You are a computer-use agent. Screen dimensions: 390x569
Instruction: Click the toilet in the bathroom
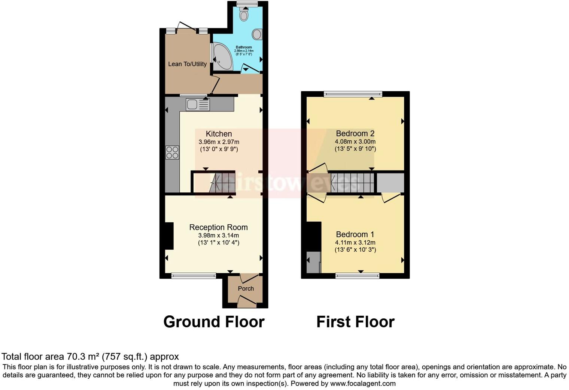(x=244, y=15)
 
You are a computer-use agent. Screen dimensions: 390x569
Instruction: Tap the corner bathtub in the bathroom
(x=222, y=57)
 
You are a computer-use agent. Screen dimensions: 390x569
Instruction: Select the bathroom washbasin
(x=257, y=34)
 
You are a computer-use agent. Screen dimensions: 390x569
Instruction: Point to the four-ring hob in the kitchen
(x=172, y=153)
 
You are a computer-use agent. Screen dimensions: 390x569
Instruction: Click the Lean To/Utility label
(x=187, y=64)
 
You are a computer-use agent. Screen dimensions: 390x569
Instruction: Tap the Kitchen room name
(x=219, y=134)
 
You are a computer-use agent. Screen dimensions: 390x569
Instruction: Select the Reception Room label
(x=218, y=227)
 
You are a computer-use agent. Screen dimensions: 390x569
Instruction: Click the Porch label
(x=246, y=288)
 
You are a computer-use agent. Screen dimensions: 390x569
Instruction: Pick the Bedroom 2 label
(x=355, y=133)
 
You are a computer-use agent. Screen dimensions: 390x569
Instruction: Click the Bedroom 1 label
(x=355, y=234)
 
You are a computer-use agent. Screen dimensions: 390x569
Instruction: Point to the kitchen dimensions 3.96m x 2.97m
(x=219, y=142)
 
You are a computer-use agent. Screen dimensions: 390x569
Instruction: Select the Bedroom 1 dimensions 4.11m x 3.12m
(x=355, y=243)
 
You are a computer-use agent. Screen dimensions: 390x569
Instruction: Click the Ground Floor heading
(x=214, y=322)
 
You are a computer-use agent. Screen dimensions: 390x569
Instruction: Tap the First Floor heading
(x=355, y=322)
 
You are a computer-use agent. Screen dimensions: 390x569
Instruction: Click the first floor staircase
(x=352, y=183)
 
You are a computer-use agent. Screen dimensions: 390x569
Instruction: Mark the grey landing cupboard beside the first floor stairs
(x=390, y=183)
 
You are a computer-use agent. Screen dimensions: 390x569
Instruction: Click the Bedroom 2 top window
(x=353, y=94)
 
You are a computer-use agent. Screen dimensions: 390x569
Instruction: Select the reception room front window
(x=194, y=276)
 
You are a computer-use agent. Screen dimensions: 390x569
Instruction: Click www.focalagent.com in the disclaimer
(x=363, y=384)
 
